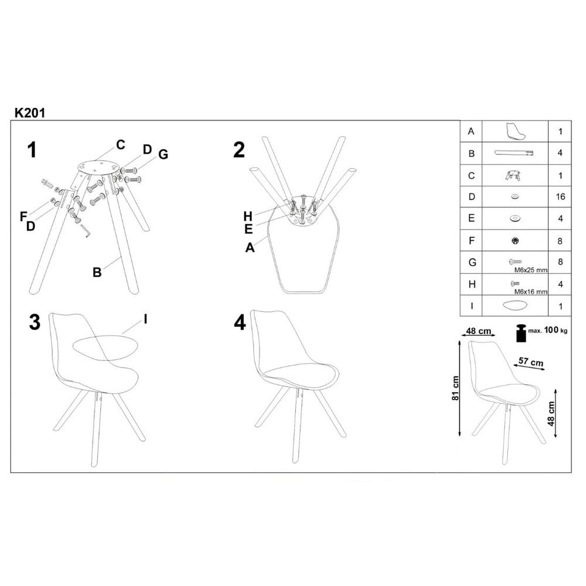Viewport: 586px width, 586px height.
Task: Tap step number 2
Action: coord(239,150)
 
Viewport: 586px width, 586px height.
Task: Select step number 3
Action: coord(35,322)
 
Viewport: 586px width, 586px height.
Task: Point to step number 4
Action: coord(239,323)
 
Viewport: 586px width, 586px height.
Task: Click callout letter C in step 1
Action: coord(120,144)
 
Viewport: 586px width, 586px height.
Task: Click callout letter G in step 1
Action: coord(163,154)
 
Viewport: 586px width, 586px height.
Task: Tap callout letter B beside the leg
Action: coord(97,271)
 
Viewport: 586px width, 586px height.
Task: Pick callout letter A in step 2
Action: coord(250,247)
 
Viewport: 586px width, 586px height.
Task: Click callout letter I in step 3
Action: coord(145,321)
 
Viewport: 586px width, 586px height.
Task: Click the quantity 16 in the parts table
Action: coord(560,196)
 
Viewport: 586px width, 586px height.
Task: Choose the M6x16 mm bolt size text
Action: coord(531,291)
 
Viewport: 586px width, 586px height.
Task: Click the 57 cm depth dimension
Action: coord(531,363)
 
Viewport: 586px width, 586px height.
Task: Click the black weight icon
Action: coord(520,333)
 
